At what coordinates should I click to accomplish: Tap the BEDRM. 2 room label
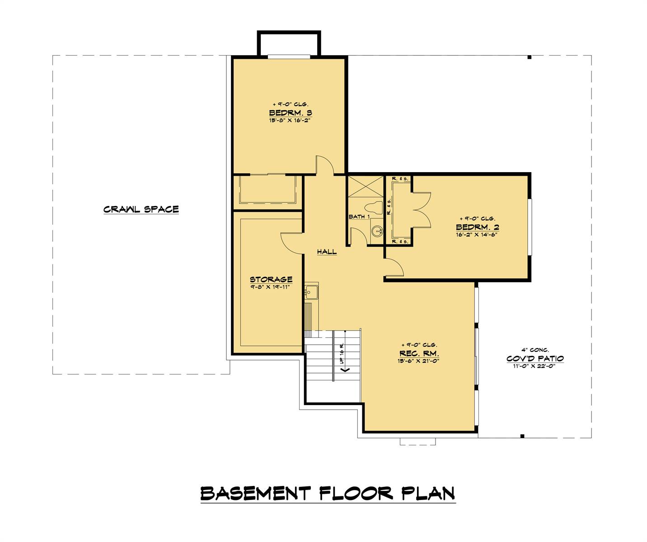coord(477,227)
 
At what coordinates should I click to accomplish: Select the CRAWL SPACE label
coord(141,209)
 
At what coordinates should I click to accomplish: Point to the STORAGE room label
coord(271,279)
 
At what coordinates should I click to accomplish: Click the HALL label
coord(327,252)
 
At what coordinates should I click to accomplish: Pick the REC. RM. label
coord(419,353)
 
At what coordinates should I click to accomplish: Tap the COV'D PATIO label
coord(535,359)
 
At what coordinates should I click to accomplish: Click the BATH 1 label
coord(359,217)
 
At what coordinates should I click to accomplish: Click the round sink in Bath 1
coord(376,232)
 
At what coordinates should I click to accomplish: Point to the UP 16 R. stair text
coord(342,354)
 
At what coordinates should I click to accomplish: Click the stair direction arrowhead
coord(346,369)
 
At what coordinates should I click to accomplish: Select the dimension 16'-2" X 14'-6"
coord(477,234)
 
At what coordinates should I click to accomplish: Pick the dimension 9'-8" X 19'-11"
coord(271,286)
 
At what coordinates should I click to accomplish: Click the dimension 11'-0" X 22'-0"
coord(535,366)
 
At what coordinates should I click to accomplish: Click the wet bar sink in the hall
coord(311,292)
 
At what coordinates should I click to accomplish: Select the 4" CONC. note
coord(535,350)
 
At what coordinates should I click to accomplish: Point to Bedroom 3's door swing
coord(324,164)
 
